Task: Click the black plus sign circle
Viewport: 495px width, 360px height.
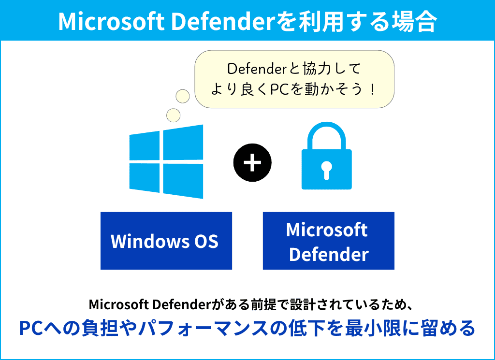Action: click(x=252, y=162)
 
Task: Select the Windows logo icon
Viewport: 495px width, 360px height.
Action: click(x=166, y=161)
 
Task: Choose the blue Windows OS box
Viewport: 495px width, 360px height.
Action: click(x=166, y=241)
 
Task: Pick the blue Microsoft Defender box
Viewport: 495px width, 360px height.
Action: click(x=328, y=241)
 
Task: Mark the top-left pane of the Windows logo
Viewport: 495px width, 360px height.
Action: click(x=144, y=146)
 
